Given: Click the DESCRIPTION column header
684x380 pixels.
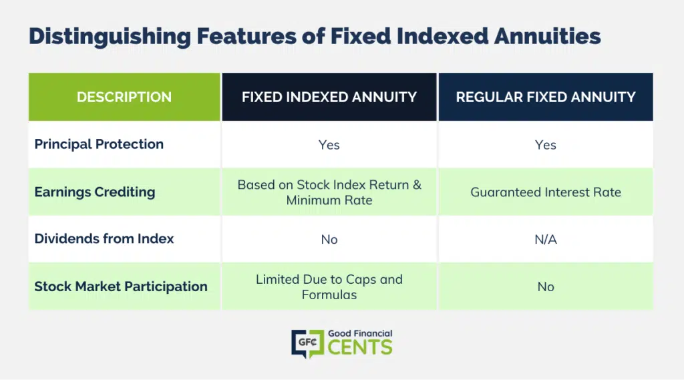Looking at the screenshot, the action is pos(124,97).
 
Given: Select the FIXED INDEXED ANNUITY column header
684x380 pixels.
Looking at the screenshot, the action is pos(329,97).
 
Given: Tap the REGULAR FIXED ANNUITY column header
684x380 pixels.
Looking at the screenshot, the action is pos(546,97).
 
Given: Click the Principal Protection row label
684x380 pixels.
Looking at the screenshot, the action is pos(99,144).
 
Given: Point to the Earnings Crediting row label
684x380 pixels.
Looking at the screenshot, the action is pos(95,192).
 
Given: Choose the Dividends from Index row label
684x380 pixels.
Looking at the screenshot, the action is pos(104,238).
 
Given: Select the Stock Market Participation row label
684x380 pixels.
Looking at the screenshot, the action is pos(121,287).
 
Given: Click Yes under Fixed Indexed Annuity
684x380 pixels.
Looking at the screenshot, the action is pos(329,145).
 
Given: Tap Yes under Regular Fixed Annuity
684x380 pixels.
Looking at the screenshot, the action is pos(545,145).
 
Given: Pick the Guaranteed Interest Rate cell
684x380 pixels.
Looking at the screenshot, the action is pos(546,192).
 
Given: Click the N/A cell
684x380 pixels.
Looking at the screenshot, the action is pos(546,240).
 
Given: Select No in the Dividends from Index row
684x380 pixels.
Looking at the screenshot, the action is pos(329,240).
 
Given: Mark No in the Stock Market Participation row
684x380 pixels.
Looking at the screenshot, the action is pos(546,287).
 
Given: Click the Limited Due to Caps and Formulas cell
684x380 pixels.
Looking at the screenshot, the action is pos(329,287).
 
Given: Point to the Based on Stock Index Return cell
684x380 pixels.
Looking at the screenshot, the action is pos(329,192).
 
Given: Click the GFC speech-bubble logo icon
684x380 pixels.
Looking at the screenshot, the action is pos(307,344).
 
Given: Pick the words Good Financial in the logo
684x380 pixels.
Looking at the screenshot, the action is pos(360,334).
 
